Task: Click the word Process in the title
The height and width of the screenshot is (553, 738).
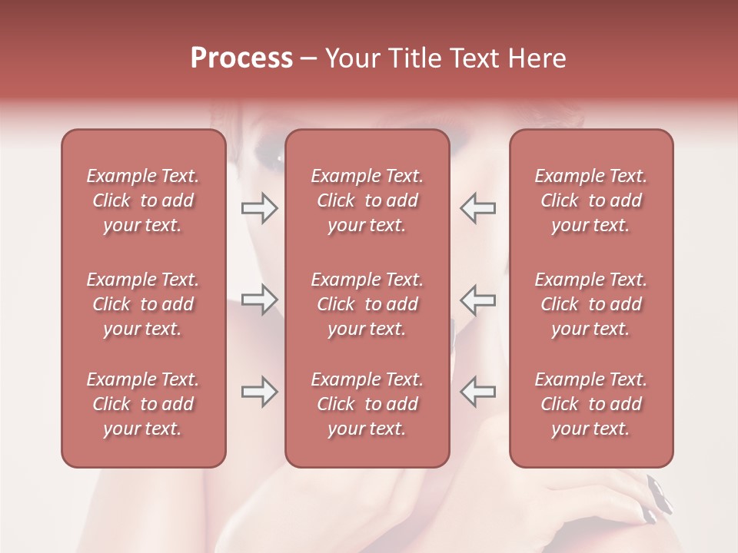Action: pos(241,58)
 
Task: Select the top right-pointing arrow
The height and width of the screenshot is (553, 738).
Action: pos(260,207)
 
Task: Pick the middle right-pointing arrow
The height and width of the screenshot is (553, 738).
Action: pos(260,300)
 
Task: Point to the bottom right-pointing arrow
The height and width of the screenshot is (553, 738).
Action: pos(260,392)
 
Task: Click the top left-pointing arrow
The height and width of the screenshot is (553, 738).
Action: pos(477,207)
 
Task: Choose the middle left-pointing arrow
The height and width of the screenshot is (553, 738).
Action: pos(477,300)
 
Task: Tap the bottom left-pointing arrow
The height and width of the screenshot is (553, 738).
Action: pos(477,392)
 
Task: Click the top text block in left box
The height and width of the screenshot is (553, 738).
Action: pos(143,200)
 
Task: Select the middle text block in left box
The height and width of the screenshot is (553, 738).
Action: pos(143,304)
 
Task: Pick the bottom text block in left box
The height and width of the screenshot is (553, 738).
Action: pos(143,404)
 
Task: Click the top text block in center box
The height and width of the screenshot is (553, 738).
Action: pos(367,200)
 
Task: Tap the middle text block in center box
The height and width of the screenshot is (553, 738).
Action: pos(367,304)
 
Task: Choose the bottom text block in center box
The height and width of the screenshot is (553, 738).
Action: pos(367,404)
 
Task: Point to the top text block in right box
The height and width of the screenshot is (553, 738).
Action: pos(591,200)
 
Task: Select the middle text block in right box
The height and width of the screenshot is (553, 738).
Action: pos(591,304)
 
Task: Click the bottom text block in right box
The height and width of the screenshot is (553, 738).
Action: pos(591,404)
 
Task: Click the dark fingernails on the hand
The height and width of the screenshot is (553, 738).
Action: pos(657,495)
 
